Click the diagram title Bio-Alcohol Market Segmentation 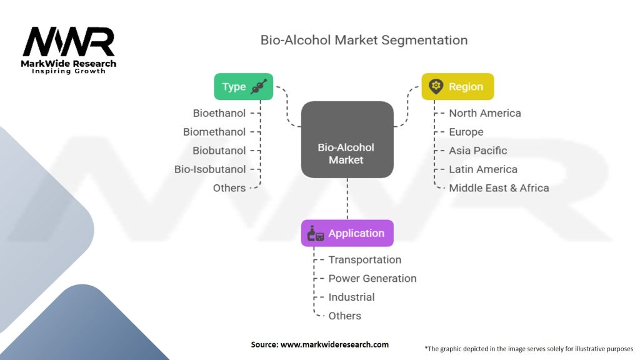click(364, 40)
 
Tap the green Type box click(244, 87)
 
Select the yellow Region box click(457, 87)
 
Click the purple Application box click(347, 233)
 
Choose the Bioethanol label click(219, 113)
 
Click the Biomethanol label click(214, 132)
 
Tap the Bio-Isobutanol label click(210, 169)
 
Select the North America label click(484, 113)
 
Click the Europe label click(466, 132)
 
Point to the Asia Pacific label click(477, 151)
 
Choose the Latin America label click(483, 169)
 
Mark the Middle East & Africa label click(499, 188)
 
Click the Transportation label click(365, 260)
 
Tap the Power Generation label click(372, 279)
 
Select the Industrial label click(351, 297)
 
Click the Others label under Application click(345, 316)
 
